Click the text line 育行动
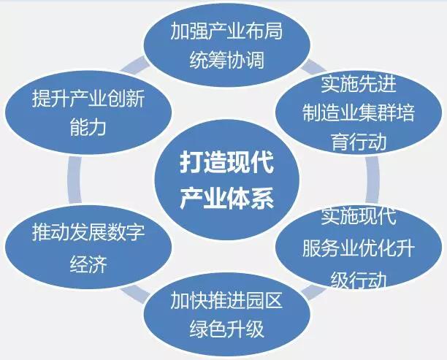(x=358, y=142)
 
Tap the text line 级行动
(x=358, y=280)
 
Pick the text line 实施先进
(x=358, y=85)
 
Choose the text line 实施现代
(x=358, y=217)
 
